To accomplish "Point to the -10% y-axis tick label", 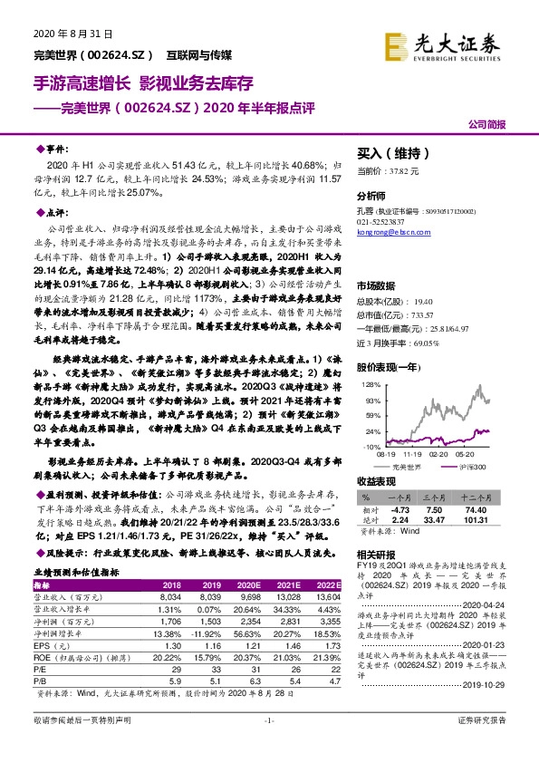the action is [x=371, y=447].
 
